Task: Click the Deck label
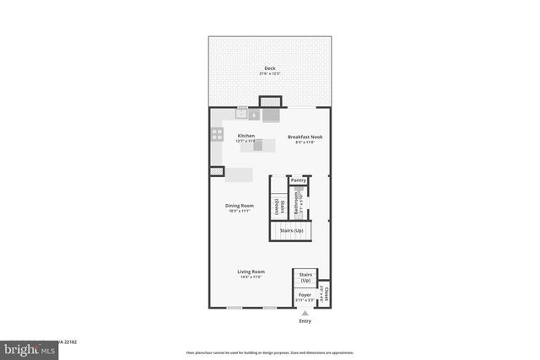pyautogui.click(x=270, y=68)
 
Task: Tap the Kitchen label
pyautogui.click(x=246, y=136)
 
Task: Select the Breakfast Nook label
pyautogui.click(x=305, y=137)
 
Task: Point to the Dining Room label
pyautogui.click(x=240, y=206)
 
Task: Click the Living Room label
pyautogui.click(x=251, y=271)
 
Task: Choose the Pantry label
pyautogui.click(x=298, y=180)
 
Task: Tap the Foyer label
pyautogui.click(x=305, y=295)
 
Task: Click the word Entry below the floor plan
pyautogui.click(x=305, y=320)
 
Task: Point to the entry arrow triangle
pyautogui.click(x=305, y=312)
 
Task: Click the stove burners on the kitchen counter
pyautogui.click(x=216, y=135)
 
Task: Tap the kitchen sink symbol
pyautogui.click(x=242, y=112)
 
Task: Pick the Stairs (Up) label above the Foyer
pyautogui.click(x=305, y=277)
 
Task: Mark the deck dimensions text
pyautogui.click(x=270, y=74)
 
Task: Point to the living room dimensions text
pyautogui.click(x=251, y=277)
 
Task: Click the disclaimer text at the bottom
pyautogui.click(x=270, y=352)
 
